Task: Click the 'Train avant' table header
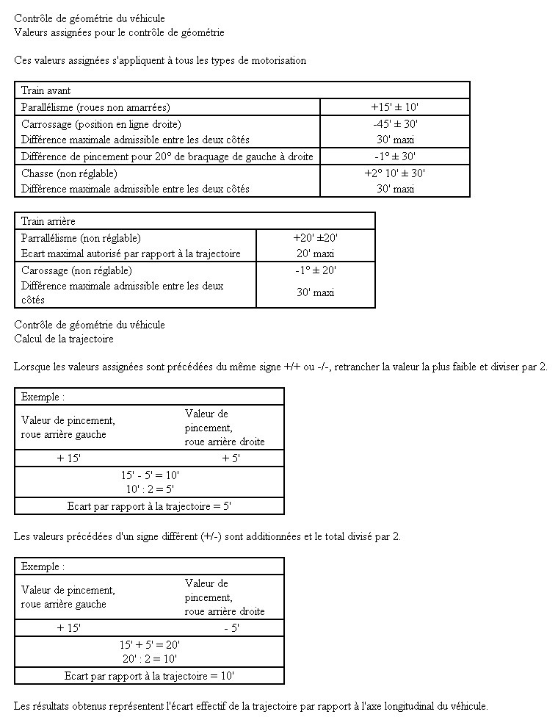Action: point(46,90)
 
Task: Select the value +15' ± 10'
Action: point(395,107)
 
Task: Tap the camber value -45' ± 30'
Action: point(395,124)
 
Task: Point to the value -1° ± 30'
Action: point(395,156)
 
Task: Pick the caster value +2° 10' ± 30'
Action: point(395,173)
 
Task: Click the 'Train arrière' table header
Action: point(48,221)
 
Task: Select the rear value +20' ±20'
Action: point(315,238)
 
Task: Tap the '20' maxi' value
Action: point(315,253)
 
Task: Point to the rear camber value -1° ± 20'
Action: point(315,270)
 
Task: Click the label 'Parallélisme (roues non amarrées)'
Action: point(95,107)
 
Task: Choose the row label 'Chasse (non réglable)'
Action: point(69,173)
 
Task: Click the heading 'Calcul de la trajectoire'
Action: point(63,339)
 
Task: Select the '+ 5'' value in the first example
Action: point(231,458)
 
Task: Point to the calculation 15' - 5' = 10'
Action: point(150,475)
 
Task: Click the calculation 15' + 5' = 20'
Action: point(150,644)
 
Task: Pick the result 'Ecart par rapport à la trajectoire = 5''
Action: point(150,506)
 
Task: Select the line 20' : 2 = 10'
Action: point(150,659)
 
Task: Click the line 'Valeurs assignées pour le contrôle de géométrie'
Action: point(119,32)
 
